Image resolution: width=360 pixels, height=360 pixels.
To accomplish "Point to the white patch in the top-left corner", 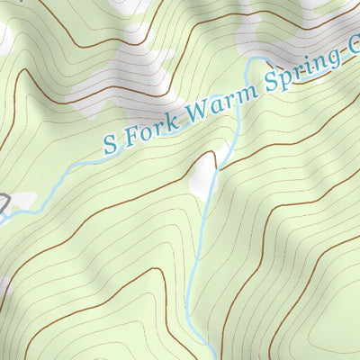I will coord(4,36).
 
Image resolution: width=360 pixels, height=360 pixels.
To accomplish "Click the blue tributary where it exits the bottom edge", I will coord(213,356).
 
